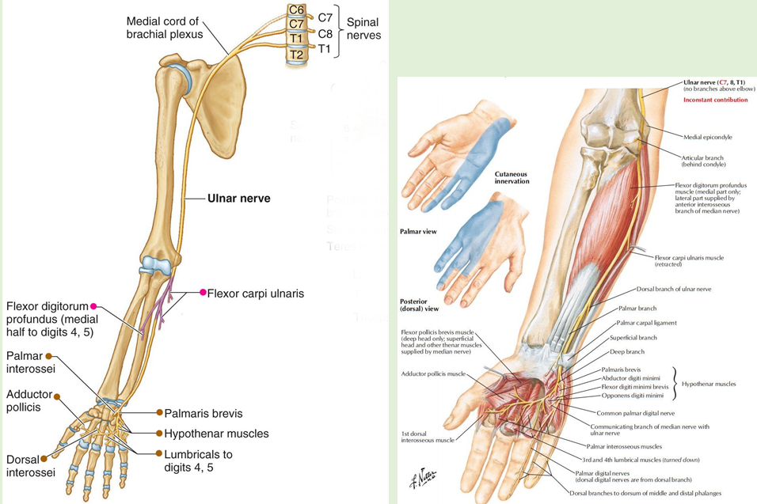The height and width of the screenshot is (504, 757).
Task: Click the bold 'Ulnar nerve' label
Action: [x=239, y=199]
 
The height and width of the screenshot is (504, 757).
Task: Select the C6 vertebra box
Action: [x=297, y=10]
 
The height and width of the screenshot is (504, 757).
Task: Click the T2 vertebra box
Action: [x=296, y=54]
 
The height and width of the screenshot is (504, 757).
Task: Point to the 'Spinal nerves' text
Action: [x=363, y=29]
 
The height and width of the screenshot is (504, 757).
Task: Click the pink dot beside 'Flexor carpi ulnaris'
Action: [x=203, y=293]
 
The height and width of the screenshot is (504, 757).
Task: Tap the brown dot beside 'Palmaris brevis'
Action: [x=159, y=413]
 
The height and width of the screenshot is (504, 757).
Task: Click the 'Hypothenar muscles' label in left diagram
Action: [x=216, y=434]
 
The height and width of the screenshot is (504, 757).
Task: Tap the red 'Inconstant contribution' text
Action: [x=715, y=100]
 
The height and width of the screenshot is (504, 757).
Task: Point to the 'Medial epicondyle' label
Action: [x=707, y=137]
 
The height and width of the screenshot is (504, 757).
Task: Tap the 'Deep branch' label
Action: [x=628, y=352]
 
